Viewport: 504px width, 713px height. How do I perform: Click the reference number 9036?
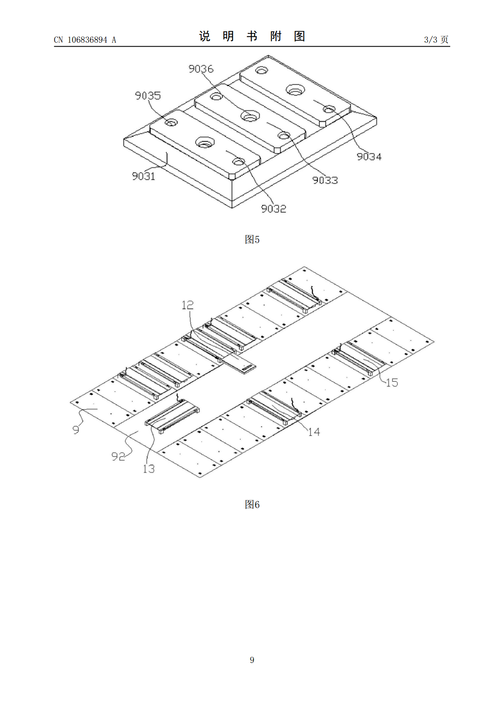(x=201, y=69)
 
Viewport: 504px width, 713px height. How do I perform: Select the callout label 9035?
(x=148, y=96)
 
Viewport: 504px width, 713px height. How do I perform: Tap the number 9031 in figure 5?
(x=144, y=176)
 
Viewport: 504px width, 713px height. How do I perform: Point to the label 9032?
(x=274, y=209)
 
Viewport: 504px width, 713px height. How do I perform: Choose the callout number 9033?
(x=325, y=180)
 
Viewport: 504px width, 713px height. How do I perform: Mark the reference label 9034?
(x=369, y=157)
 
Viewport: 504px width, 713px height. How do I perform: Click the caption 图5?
(x=252, y=239)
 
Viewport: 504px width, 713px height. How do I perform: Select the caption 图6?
(x=252, y=504)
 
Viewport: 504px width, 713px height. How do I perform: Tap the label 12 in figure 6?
(x=188, y=305)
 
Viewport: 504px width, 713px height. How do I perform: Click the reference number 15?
(x=392, y=383)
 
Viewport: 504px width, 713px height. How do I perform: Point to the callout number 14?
(x=314, y=432)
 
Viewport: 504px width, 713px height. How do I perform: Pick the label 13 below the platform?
(x=149, y=469)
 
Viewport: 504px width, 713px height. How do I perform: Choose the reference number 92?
(x=118, y=457)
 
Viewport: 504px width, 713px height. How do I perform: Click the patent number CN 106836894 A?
(x=85, y=40)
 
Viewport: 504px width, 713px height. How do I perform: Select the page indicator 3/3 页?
(x=436, y=39)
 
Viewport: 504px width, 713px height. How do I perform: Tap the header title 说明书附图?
(x=252, y=36)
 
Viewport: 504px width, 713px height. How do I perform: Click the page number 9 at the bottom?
(x=252, y=660)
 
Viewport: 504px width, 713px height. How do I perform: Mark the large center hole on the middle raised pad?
(x=250, y=116)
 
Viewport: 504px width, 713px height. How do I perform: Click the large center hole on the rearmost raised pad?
(x=295, y=89)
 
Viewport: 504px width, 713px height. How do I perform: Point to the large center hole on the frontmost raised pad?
(x=205, y=143)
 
